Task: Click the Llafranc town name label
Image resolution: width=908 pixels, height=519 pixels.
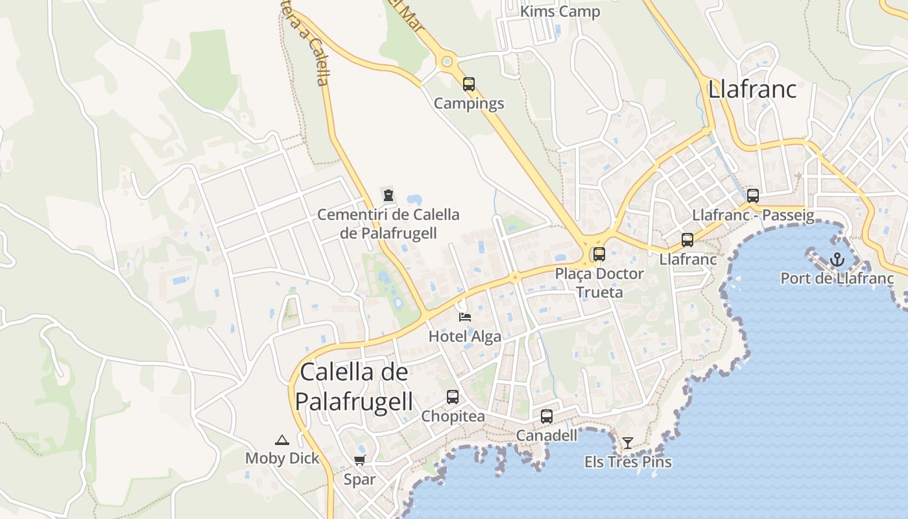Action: coord(752,89)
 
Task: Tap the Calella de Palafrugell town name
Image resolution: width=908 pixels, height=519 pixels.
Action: coord(354,387)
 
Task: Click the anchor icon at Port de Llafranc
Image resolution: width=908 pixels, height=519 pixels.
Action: coord(837,259)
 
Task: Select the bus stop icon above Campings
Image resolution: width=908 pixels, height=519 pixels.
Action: coord(469,84)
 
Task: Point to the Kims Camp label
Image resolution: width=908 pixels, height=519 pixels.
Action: coord(560,12)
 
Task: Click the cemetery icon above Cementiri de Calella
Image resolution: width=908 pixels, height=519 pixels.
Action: coord(388,195)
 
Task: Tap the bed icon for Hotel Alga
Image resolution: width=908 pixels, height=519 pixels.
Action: coord(465,317)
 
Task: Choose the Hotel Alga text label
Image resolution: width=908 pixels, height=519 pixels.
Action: coord(465,336)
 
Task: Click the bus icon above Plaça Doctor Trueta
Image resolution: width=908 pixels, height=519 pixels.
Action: coord(599,254)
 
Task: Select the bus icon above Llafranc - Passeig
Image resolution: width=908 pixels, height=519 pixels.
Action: coord(753,195)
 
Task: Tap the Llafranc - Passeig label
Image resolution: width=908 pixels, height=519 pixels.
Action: coord(753,215)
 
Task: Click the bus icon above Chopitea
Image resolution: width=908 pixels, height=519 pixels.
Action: coord(453,396)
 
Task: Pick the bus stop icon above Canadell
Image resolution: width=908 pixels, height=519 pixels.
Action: coord(547,416)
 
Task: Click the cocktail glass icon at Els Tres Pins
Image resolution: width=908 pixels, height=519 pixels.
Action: coord(628,443)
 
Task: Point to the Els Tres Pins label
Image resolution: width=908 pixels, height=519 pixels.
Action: coord(628,462)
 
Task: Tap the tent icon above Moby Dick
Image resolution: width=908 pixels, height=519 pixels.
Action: coord(282,440)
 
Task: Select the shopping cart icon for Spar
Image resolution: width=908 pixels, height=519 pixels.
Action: coord(359,460)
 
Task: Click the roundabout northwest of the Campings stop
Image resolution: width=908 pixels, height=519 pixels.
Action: coord(446,62)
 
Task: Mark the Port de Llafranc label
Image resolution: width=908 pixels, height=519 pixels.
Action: coord(837,278)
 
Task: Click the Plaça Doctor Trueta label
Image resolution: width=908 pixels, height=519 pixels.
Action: coord(599,283)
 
